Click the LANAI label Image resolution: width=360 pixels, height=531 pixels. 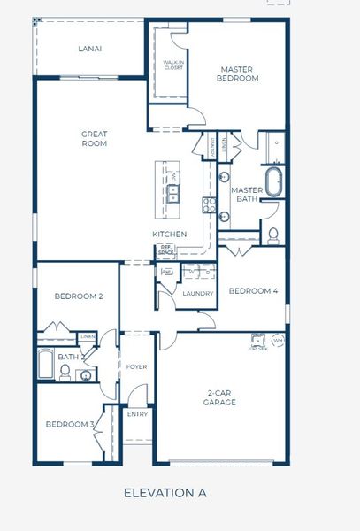click(89, 49)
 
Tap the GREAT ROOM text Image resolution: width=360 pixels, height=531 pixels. click(95, 139)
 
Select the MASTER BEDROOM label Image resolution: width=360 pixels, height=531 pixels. click(239, 73)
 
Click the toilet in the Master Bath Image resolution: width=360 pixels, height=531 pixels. click(273, 235)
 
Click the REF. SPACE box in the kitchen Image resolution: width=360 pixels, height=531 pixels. click(165, 252)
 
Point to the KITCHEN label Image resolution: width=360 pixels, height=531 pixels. click(169, 234)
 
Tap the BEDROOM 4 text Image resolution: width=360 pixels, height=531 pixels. click(253, 290)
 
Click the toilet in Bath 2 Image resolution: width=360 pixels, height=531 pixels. click(65, 373)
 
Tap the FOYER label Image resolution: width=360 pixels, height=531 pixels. click(136, 366)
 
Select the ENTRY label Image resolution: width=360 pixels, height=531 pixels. click(137, 413)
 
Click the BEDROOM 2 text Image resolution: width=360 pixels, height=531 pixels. click(73, 296)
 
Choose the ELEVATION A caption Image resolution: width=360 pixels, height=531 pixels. click(165, 492)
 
